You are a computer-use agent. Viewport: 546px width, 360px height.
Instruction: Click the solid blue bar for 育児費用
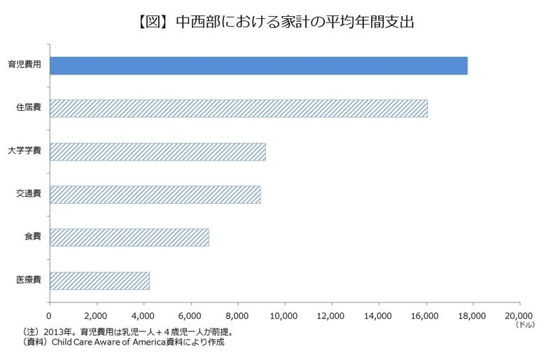tap(258, 65)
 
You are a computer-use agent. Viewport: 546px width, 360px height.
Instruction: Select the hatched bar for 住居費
tap(238, 109)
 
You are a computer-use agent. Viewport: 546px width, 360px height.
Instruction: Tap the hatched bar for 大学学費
tap(157, 151)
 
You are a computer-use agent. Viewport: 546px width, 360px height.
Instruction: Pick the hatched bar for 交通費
tap(155, 194)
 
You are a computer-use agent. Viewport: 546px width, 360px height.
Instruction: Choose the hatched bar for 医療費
tap(99, 280)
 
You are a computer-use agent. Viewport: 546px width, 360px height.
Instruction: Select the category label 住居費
tap(28, 109)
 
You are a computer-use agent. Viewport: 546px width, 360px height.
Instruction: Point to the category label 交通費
tap(28, 194)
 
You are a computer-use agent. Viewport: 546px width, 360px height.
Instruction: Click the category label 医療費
tap(28, 280)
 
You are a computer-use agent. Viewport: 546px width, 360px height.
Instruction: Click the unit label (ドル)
tap(524, 326)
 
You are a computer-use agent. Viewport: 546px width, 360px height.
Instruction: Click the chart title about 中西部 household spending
tap(273, 22)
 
